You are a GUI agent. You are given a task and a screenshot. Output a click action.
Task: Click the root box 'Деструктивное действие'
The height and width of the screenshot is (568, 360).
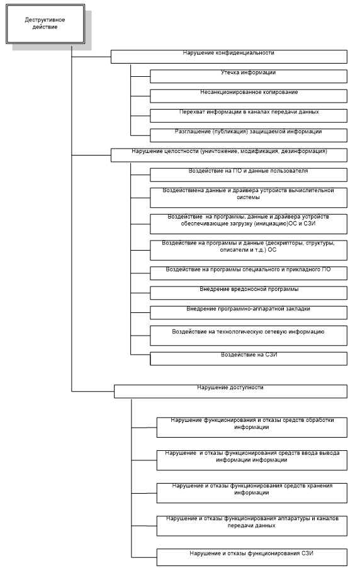pyautogui.click(x=45, y=24)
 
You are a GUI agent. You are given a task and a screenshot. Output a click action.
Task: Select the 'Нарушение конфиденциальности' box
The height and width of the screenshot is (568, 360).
pyautogui.click(x=229, y=57)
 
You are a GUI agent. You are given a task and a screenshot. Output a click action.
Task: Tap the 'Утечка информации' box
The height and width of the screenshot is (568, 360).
pyautogui.click(x=249, y=76)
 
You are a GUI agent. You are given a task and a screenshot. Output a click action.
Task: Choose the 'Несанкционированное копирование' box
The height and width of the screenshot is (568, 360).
pyautogui.click(x=249, y=96)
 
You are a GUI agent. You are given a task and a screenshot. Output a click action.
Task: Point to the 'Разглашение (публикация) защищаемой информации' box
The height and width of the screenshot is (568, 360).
pyautogui.click(x=249, y=135)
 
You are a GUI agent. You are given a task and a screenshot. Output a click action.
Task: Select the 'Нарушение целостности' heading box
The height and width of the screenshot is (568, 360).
pyautogui.click(x=229, y=155)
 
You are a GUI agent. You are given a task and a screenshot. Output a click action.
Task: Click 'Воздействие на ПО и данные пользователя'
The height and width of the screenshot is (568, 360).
pyautogui.click(x=249, y=174)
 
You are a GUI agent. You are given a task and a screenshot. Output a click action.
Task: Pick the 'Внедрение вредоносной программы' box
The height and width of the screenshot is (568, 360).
pyautogui.click(x=249, y=293)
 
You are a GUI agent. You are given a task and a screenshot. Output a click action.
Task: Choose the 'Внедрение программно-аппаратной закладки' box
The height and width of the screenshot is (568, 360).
pyautogui.click(x=249, y=312)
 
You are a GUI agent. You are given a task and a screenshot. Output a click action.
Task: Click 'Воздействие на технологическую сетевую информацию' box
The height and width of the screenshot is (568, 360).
pyautogui.click(x=249, y=336)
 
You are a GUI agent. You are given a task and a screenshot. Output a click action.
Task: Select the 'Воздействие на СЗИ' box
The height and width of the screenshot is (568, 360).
pyautogui.click(x=249, y=359)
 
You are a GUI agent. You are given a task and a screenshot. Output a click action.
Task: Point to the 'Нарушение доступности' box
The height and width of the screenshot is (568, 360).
pyautogui.click(x=231, y=392)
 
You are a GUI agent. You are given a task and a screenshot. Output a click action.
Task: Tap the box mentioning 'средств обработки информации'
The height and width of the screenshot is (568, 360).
pyautogui.click(x=252, y=428)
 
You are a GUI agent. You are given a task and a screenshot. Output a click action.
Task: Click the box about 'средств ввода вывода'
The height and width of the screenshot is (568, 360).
pyautogui.click(x=252, y=460)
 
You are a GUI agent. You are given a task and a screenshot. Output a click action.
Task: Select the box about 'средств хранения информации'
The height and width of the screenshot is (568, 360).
pyautogui.click(x=252, y=493)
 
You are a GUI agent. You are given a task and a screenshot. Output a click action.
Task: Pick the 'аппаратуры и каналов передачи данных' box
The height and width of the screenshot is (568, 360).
pyautogui.click(x=252, y=526)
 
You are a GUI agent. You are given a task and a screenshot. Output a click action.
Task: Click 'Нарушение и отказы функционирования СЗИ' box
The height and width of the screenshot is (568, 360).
pyautogui.click(x=252, y=557)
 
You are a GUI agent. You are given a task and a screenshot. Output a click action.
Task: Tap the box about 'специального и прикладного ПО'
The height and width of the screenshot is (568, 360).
pyautogui.click(x=249, y=273)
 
